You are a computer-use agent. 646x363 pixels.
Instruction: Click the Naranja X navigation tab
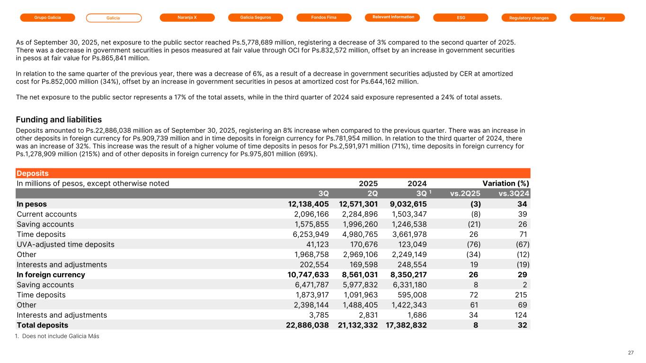tap(187, 17)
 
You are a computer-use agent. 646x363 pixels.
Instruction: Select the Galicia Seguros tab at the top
tap(256, 17)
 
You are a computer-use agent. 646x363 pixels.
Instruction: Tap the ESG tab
tap(460, 17)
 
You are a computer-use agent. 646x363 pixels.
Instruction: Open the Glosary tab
tap(597, 17)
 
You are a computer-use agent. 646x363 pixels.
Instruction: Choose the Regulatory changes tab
tap(529, 17)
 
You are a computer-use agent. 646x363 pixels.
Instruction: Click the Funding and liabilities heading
tap(59, 120)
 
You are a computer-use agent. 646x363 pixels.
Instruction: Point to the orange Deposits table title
tap(33, 173)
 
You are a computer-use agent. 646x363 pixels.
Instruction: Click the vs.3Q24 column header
tap(514, 193)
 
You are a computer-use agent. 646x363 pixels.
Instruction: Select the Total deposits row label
tap(43, 325)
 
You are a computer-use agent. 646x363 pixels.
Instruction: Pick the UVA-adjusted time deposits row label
tap(65, 244)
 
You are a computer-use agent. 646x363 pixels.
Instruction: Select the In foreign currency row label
tap(51, 275)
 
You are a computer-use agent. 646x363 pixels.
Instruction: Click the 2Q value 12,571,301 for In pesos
tap(358, 204)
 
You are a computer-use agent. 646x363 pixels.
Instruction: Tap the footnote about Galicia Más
tap(58, 336)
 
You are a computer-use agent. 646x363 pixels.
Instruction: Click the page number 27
tap(631, 353)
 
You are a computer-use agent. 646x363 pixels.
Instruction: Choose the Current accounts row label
tap(46, 214)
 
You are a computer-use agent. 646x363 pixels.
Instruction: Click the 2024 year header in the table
tap(417, 183)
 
